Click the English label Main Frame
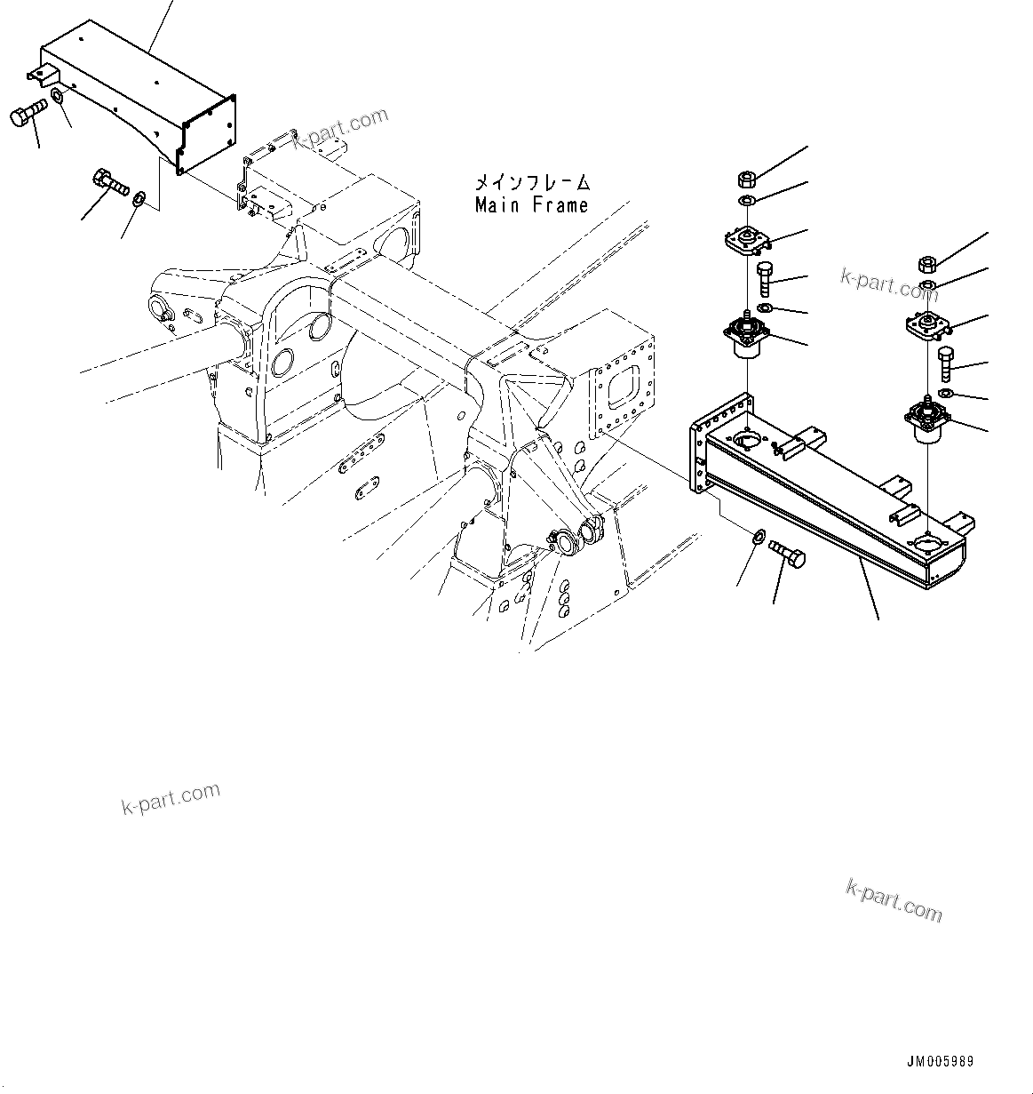(531, 205)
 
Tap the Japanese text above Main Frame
(531, 183)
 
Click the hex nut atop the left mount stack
(747, 179)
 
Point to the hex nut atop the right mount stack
(926, 264)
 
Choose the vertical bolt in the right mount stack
(945, 364)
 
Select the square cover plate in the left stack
(744, 240)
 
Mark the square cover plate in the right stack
(926, 326)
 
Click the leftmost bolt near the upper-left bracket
(28, 117)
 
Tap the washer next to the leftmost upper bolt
(57, 94)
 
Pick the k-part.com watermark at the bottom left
(170, 798)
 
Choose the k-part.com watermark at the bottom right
(894, 900)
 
